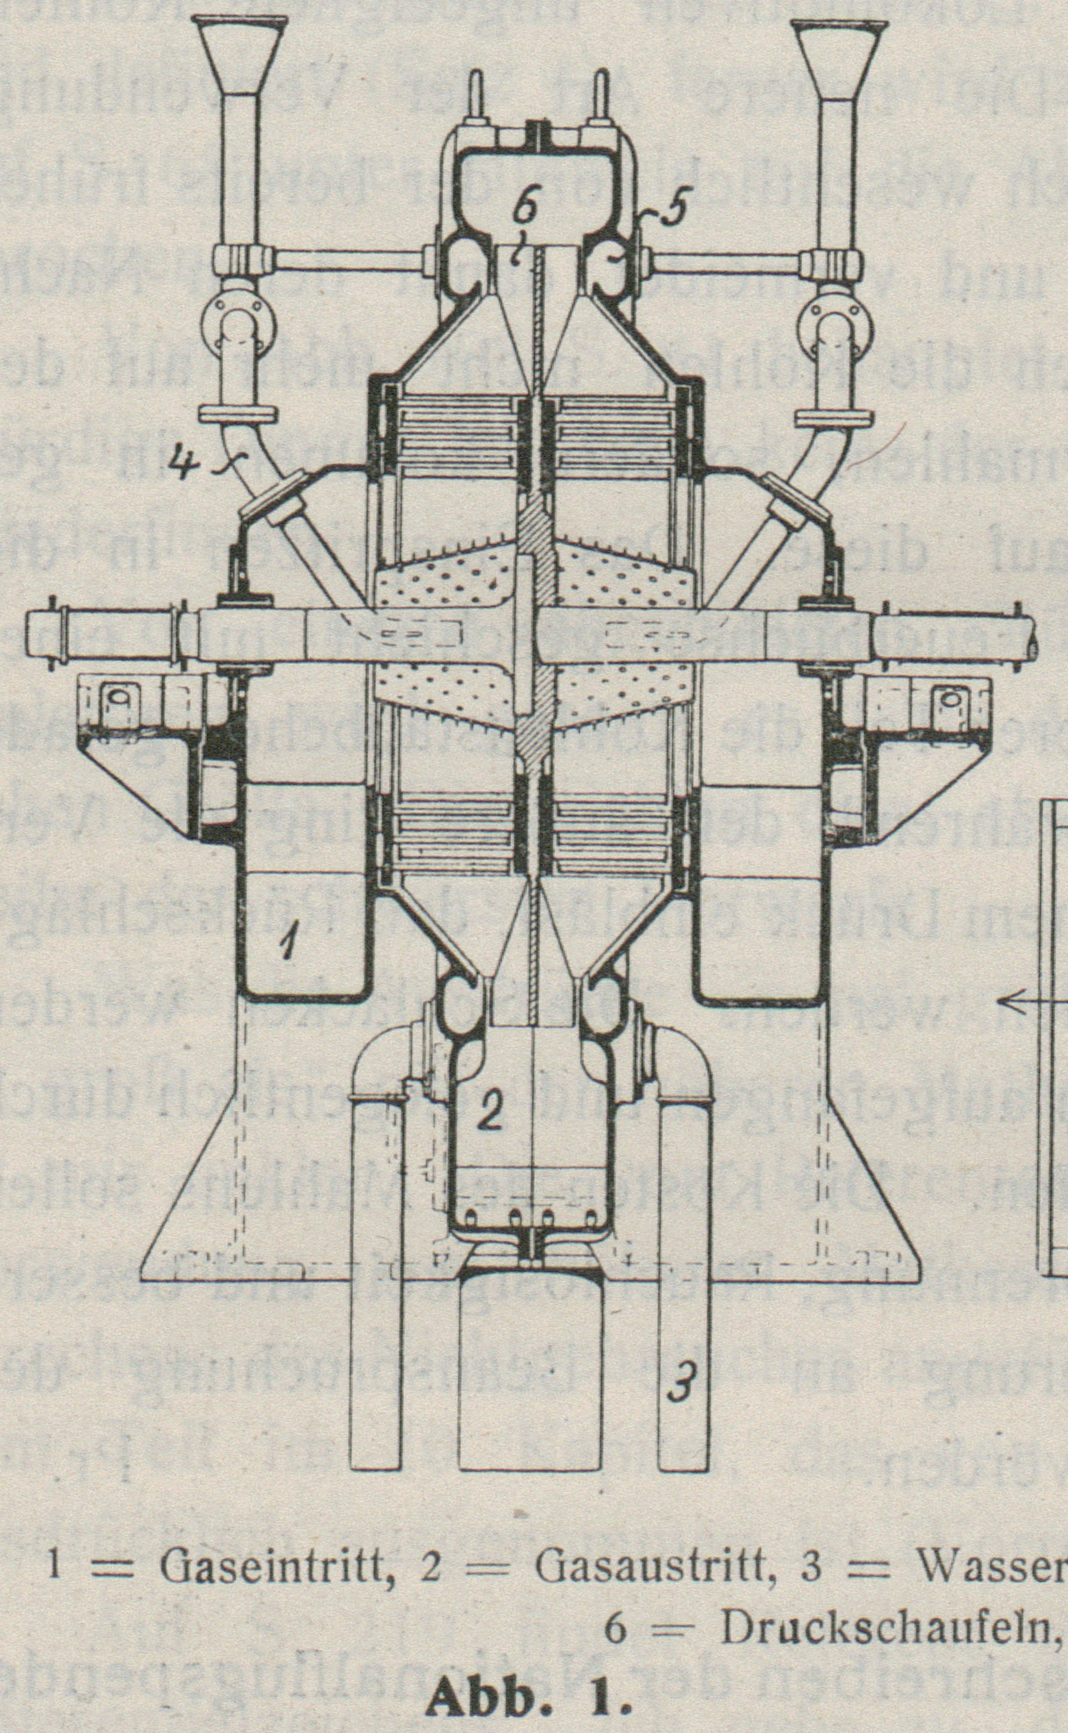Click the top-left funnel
[x=240, y=51]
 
